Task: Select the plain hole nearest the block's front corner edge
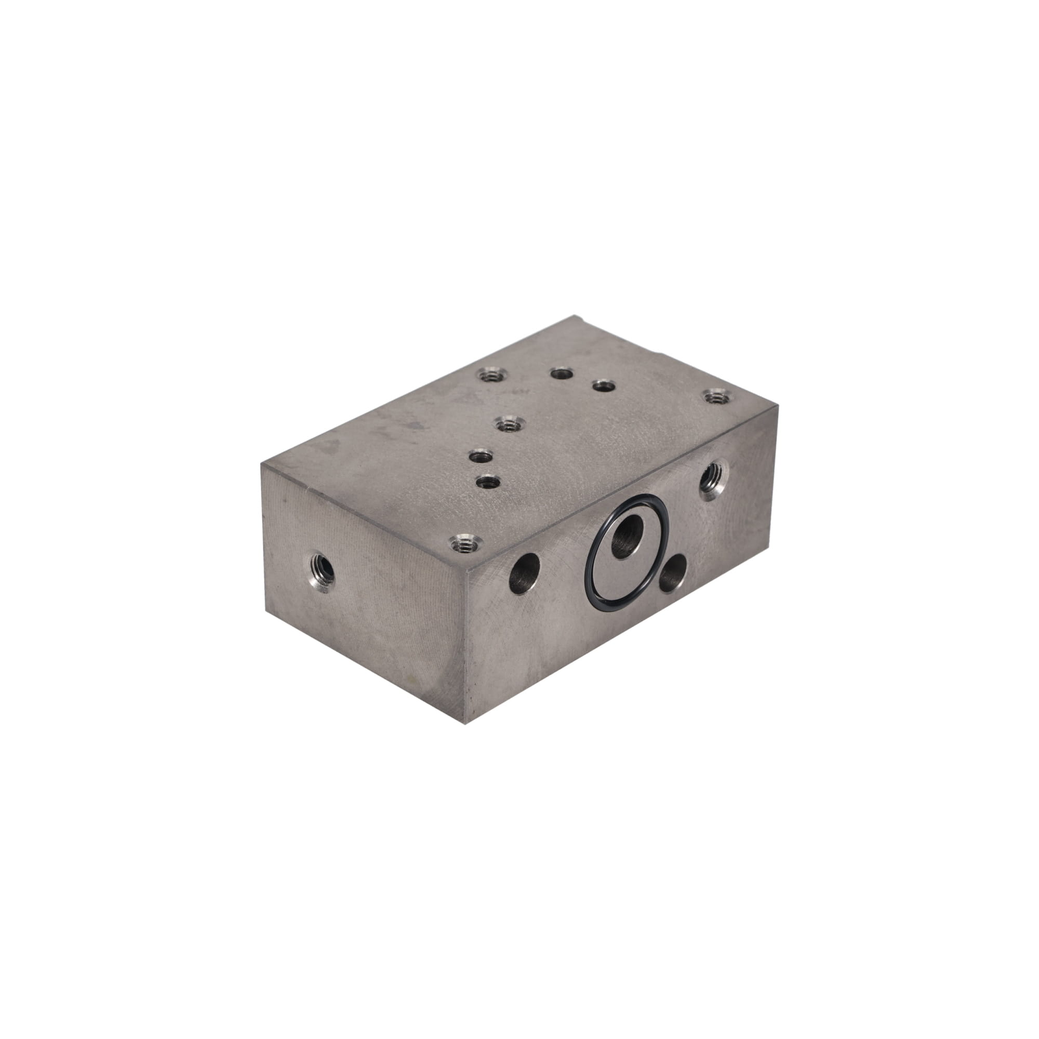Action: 525,570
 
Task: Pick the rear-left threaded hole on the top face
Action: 490,374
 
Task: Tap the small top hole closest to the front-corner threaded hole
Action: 487,482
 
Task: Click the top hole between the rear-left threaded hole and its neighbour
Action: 561,372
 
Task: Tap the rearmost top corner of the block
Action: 576,316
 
